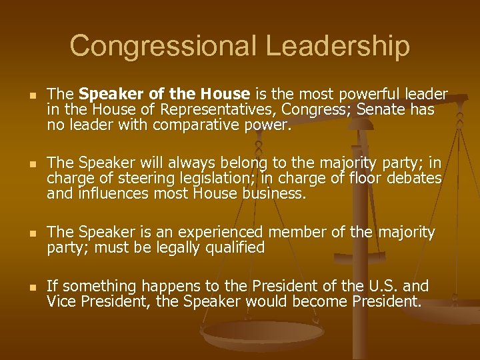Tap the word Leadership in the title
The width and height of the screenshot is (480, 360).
337,46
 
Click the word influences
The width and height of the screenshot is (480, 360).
113,193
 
